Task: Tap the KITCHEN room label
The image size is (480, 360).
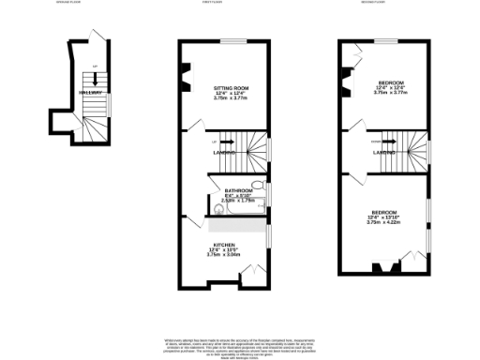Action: coord(223,244)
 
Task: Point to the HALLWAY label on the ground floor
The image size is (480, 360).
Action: coord(90,93)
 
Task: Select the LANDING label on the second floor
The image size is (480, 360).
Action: coord(382,152)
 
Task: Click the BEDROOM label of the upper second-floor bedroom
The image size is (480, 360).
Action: coord(384,82)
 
